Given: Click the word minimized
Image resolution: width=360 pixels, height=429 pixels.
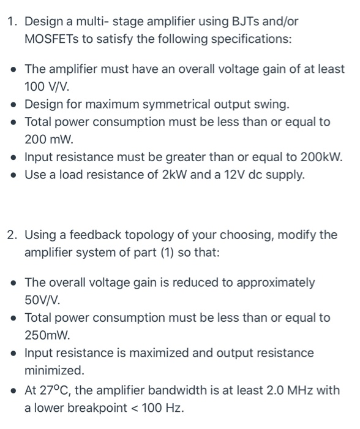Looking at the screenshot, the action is (x=53, y=371).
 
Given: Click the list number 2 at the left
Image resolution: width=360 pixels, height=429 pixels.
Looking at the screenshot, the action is (x=11, y=235).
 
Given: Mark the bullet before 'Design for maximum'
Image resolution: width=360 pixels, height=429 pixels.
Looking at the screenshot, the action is (x=13, y=104).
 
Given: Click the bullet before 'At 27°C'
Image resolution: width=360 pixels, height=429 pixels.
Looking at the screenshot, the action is (x=13, y=390).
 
